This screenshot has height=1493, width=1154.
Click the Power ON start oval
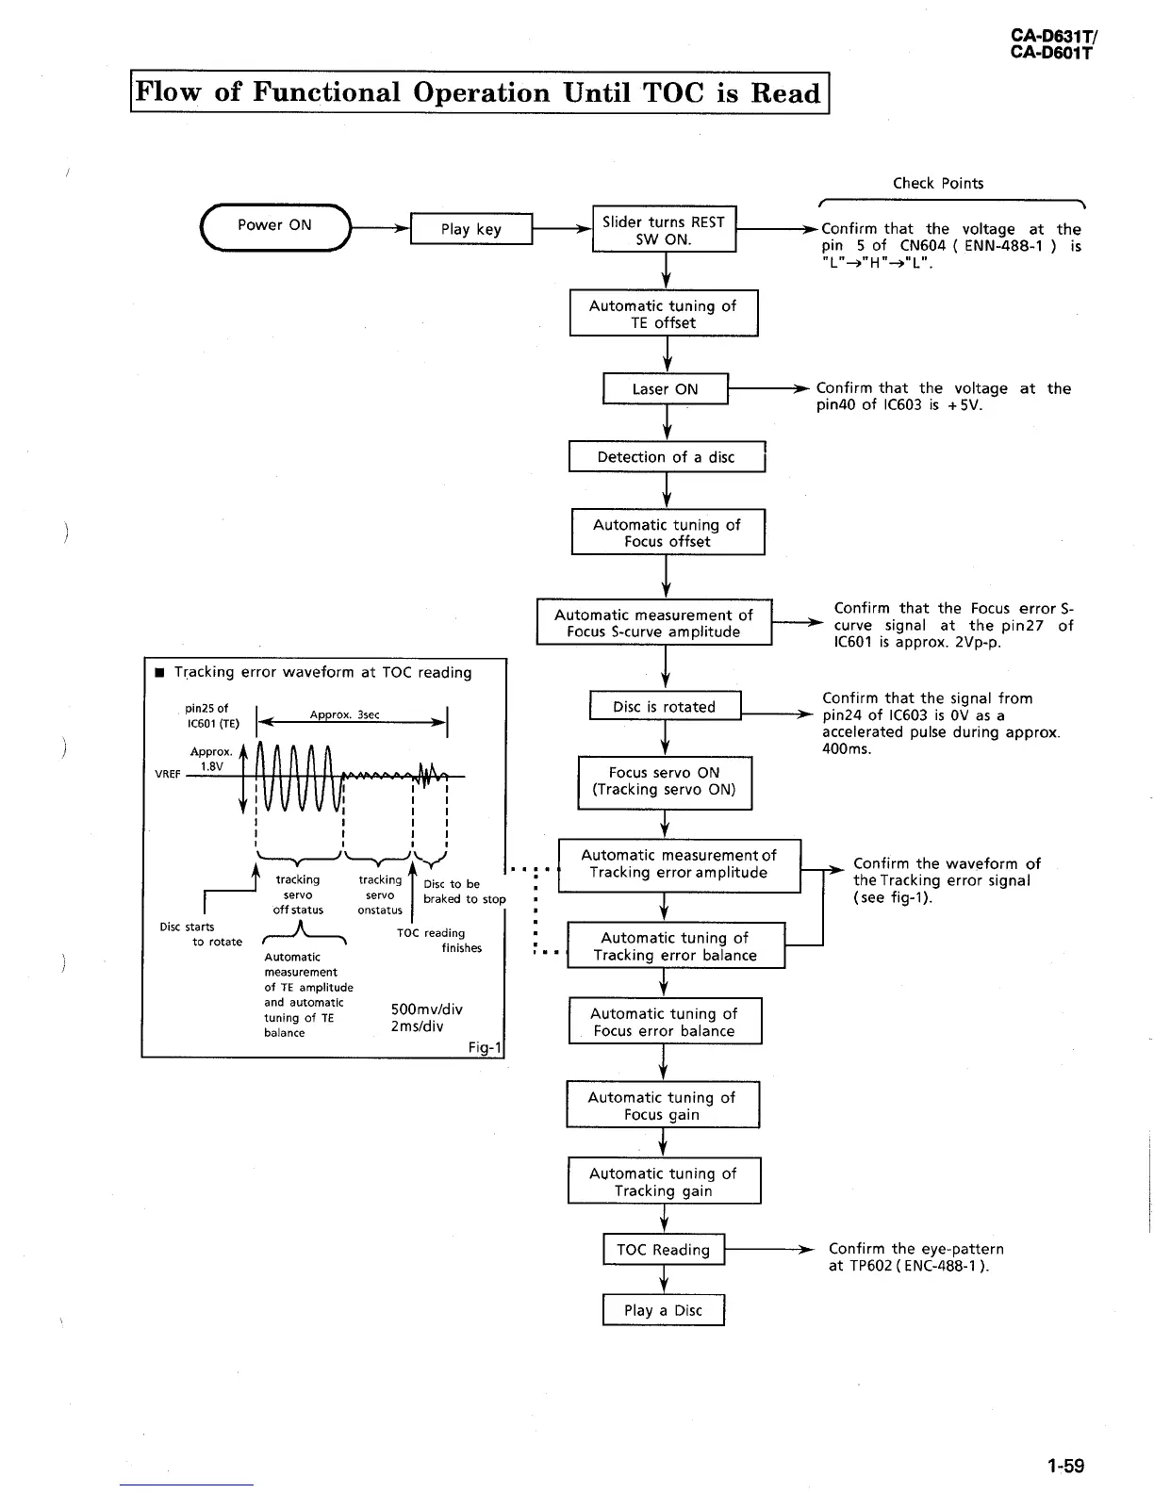pos(274,226)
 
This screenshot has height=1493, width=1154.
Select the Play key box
pos(471,229)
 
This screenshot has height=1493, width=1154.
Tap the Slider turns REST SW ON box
pos(664,230)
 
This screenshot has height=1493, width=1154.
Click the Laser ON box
pos(666,389)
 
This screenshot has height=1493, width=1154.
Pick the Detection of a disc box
pos(666,457)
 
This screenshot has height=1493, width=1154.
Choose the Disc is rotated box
pos(665,707)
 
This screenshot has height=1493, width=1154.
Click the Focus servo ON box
pos(665,781)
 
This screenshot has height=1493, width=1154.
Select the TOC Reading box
pos(664,1250)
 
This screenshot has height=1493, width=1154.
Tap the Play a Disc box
pos(664,1310)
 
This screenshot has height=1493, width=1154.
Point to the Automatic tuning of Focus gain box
pos(663,1106)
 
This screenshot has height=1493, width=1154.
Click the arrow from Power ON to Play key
pos(380,228)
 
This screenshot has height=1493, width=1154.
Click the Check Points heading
pos(938,183)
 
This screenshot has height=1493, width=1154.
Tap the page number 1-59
pos(1065,1465)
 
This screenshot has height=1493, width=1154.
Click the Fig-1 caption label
pos(486,1047)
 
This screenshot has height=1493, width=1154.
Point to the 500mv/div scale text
pos(426,1009)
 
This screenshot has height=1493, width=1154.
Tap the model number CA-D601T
pos(1051,53)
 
